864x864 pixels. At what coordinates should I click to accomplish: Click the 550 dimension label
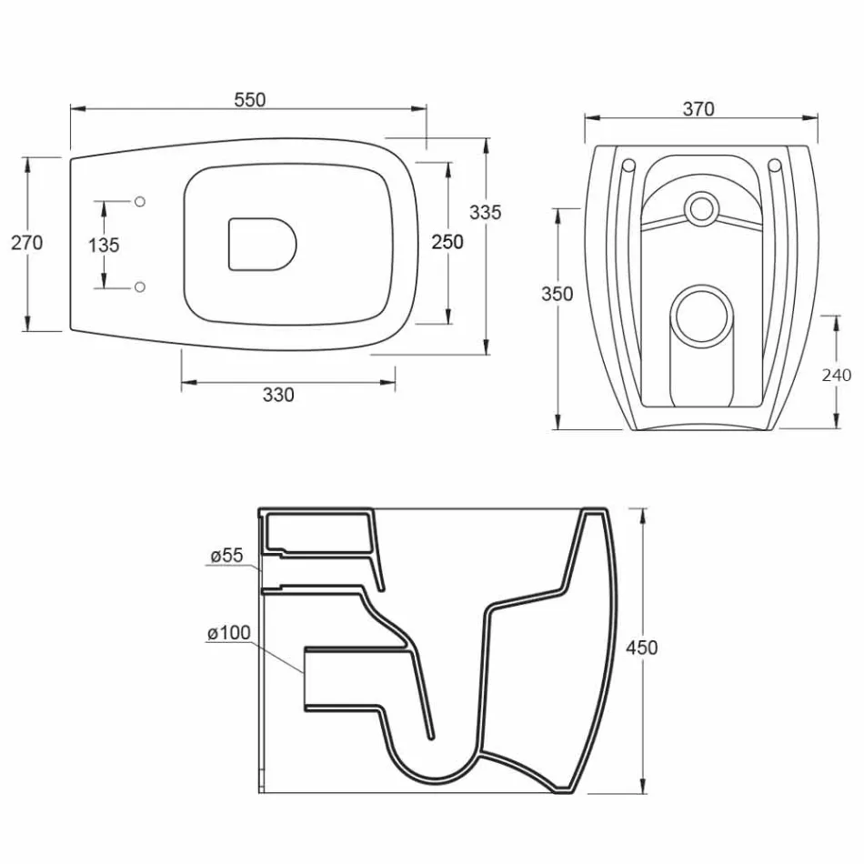tap(249, 100)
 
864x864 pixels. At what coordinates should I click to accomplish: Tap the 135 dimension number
tap(104, 245)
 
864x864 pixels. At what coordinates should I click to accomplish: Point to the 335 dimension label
tap(485, 212)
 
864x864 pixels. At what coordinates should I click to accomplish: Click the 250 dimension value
tap(447, 242)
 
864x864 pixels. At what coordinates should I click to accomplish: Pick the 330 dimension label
tap(278, 395)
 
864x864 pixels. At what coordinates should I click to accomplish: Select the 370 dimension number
tap(698, 109)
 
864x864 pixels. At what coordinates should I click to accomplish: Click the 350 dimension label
tap(558, 294)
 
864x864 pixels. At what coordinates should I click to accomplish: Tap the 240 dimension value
tap(836, 374)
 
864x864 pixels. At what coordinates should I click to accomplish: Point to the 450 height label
tap(641, 648)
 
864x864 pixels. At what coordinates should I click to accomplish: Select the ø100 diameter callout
tap(228, 632)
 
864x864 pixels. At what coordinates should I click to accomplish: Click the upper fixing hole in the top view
tap(140, 200)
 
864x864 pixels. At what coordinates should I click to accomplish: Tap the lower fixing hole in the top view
tap(140, 287)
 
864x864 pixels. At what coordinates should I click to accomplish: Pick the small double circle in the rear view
tap(701, 208)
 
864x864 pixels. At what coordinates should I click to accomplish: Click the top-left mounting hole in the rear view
tap(628, 166)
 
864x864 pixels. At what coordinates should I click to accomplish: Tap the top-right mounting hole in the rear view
tap(775, 166)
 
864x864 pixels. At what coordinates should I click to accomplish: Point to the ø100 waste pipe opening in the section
tap(306, 678)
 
